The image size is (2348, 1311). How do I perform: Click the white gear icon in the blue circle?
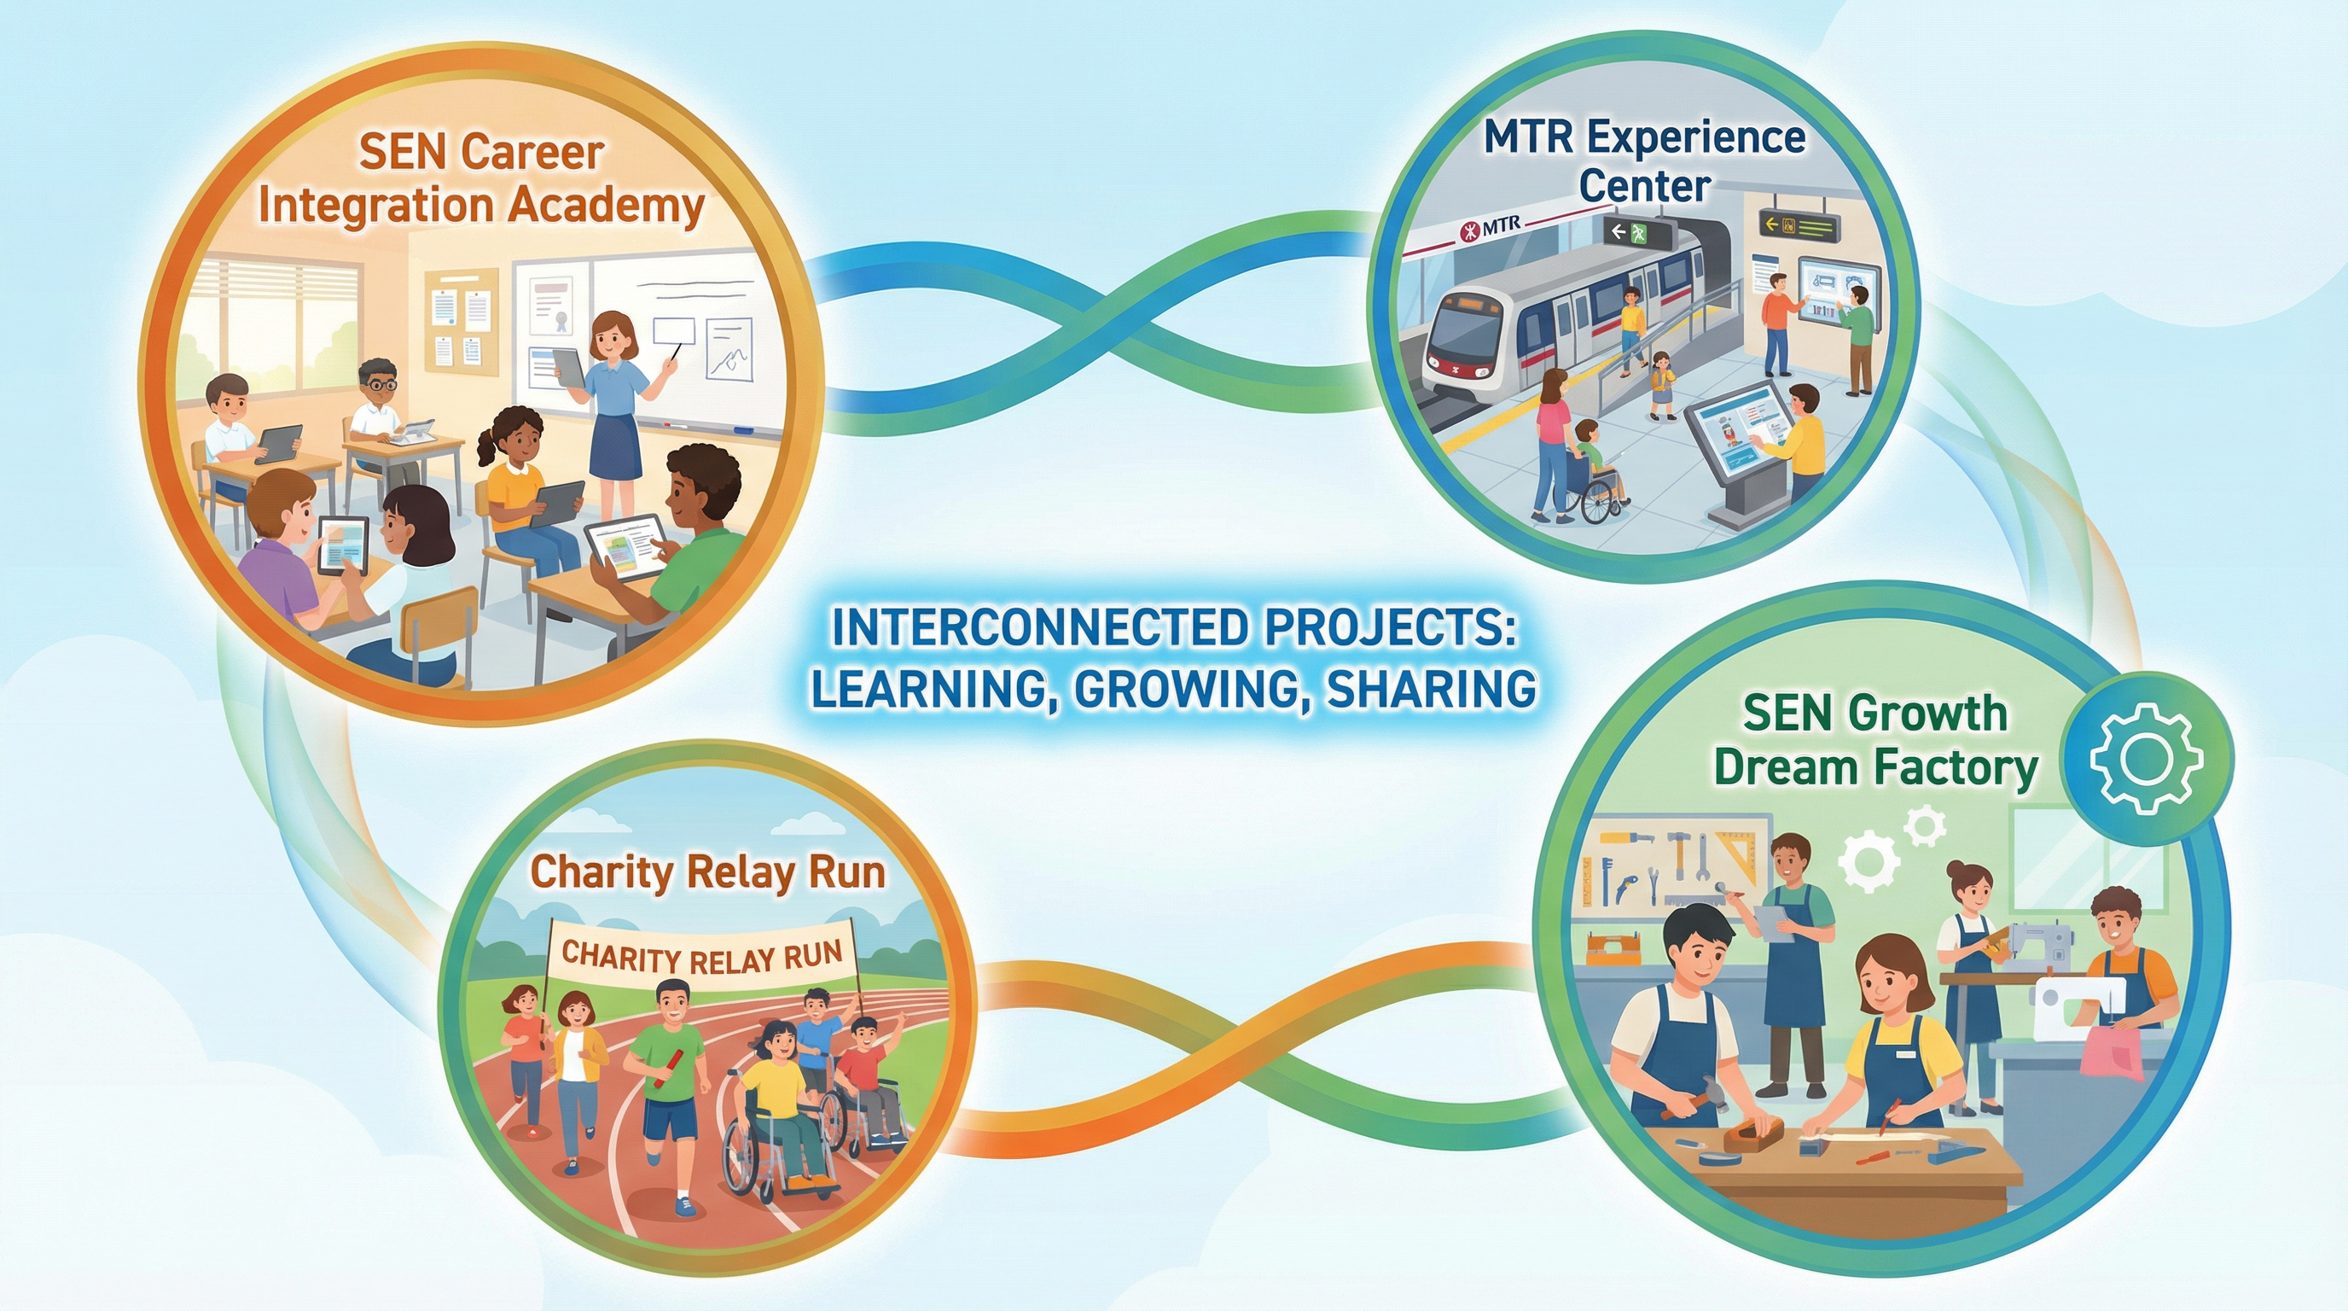pos(2147,759)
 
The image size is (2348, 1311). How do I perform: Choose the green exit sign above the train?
pos(1637,233)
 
